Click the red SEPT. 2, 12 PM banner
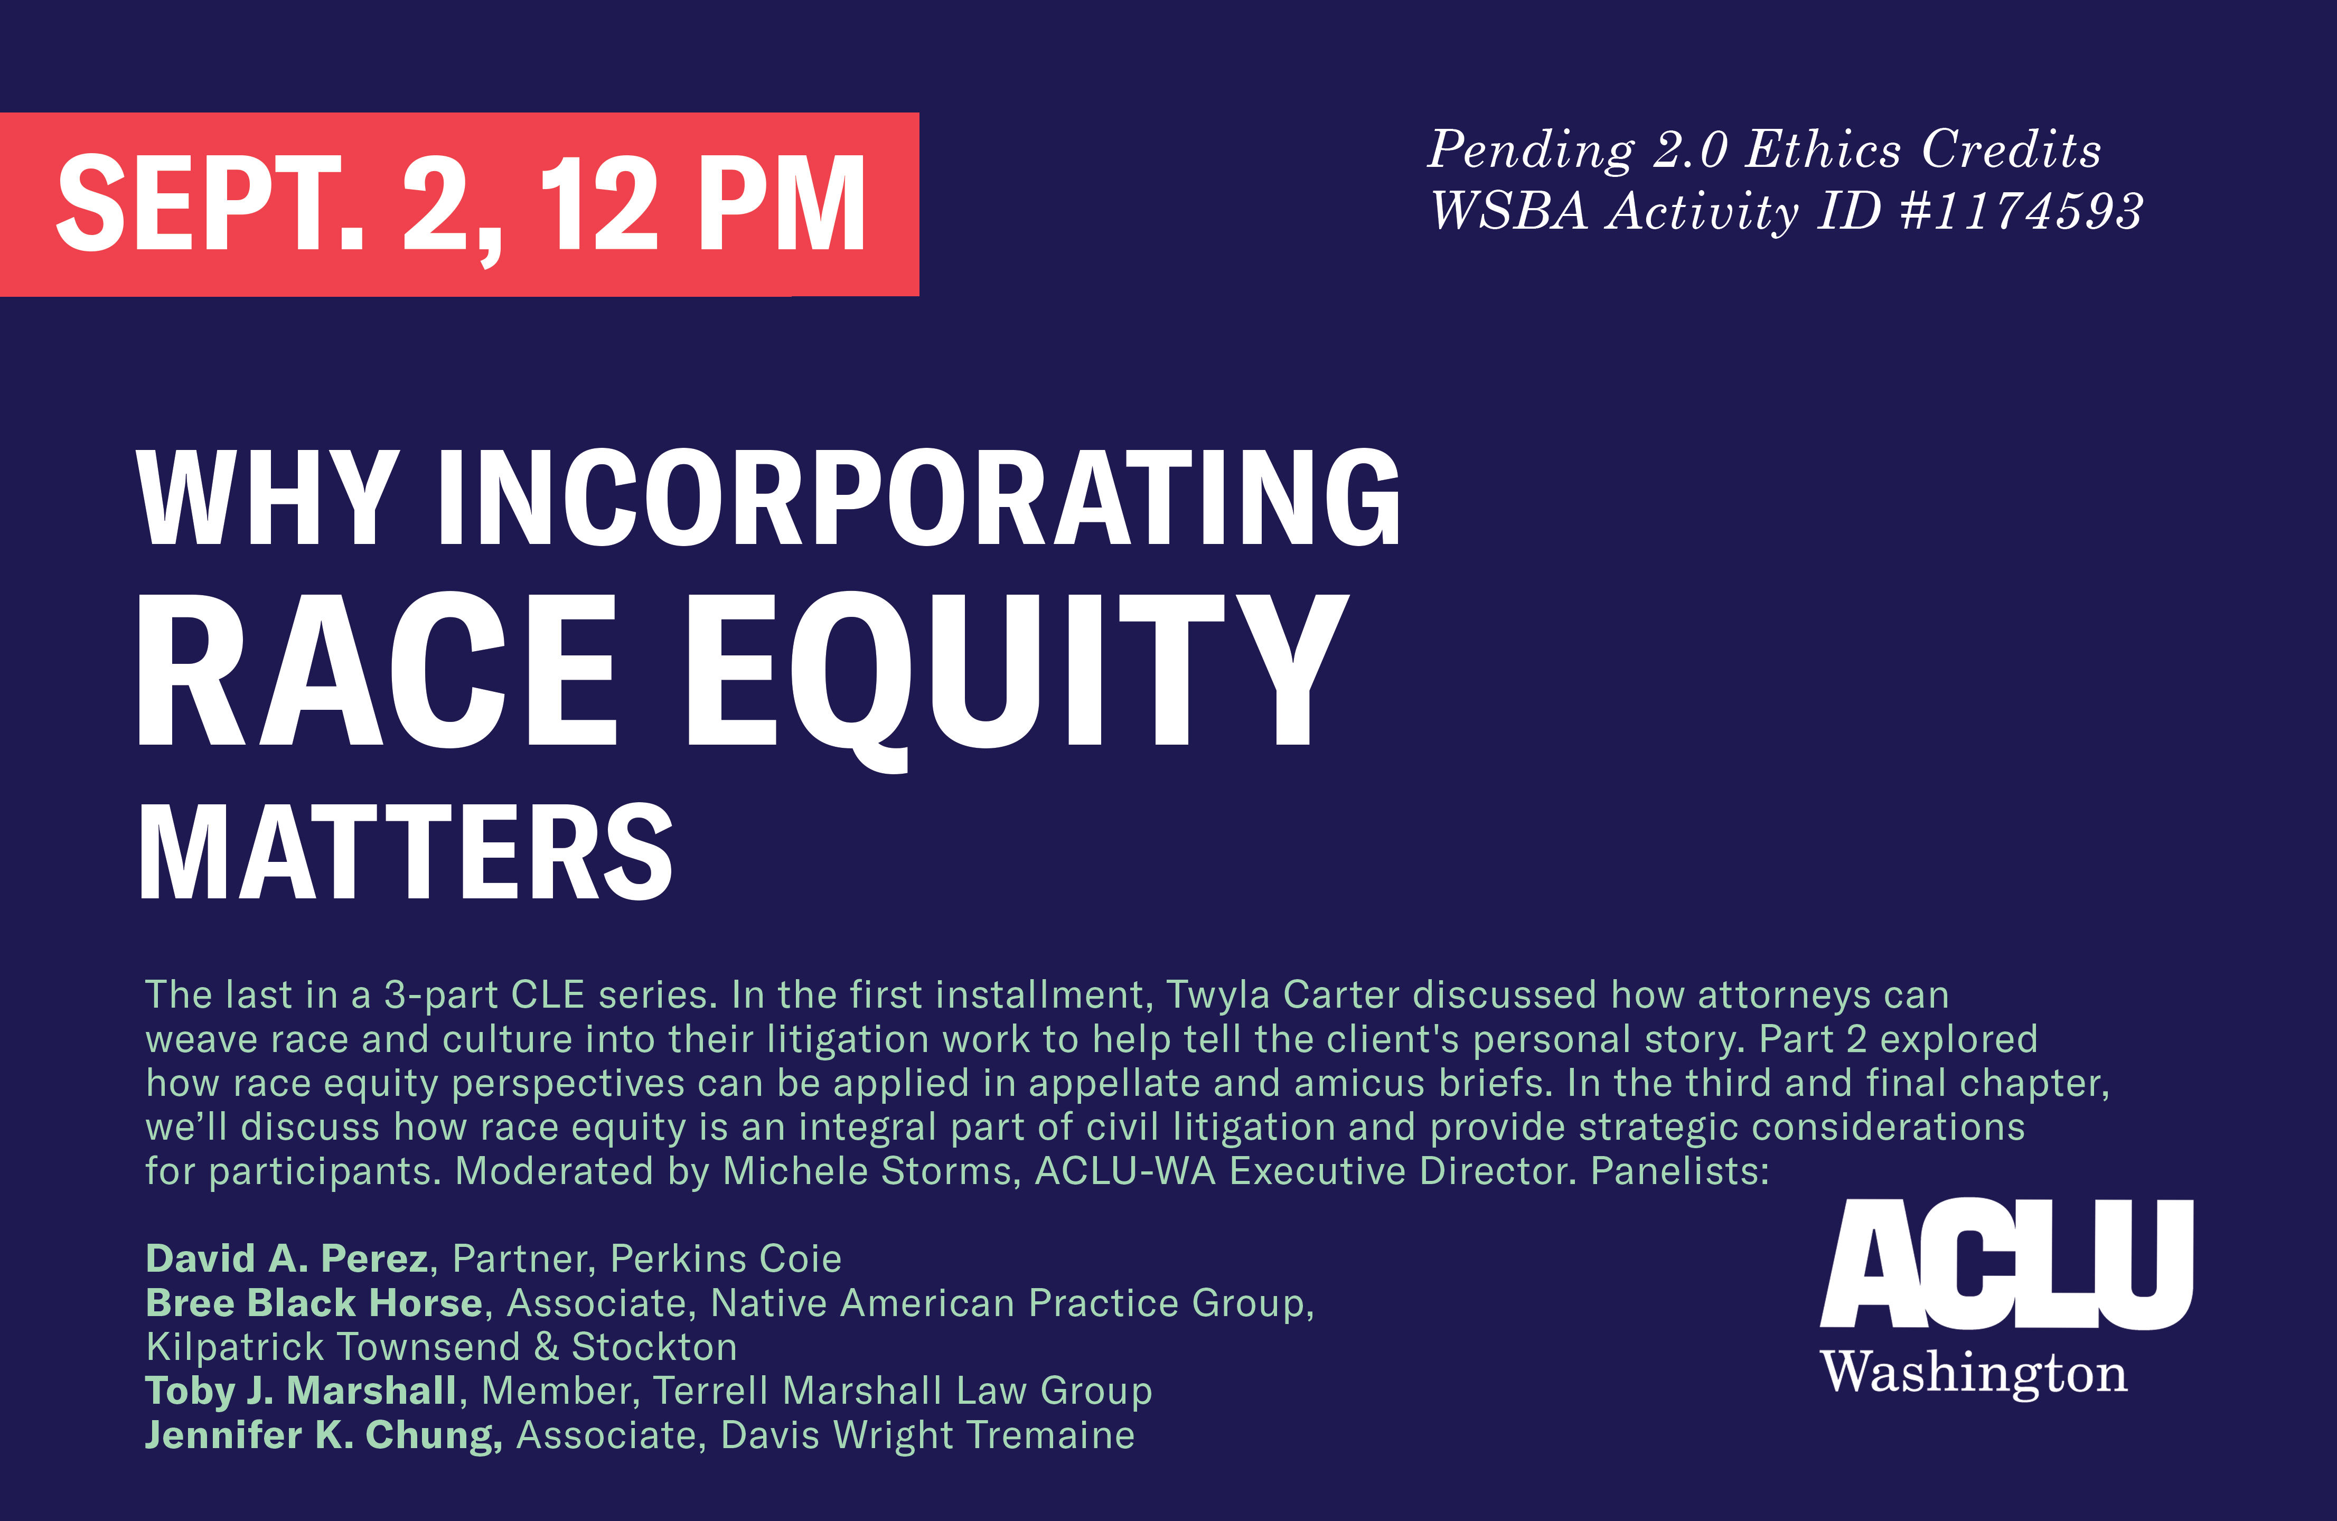[459, 204]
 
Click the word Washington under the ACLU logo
[1974, 1372]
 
